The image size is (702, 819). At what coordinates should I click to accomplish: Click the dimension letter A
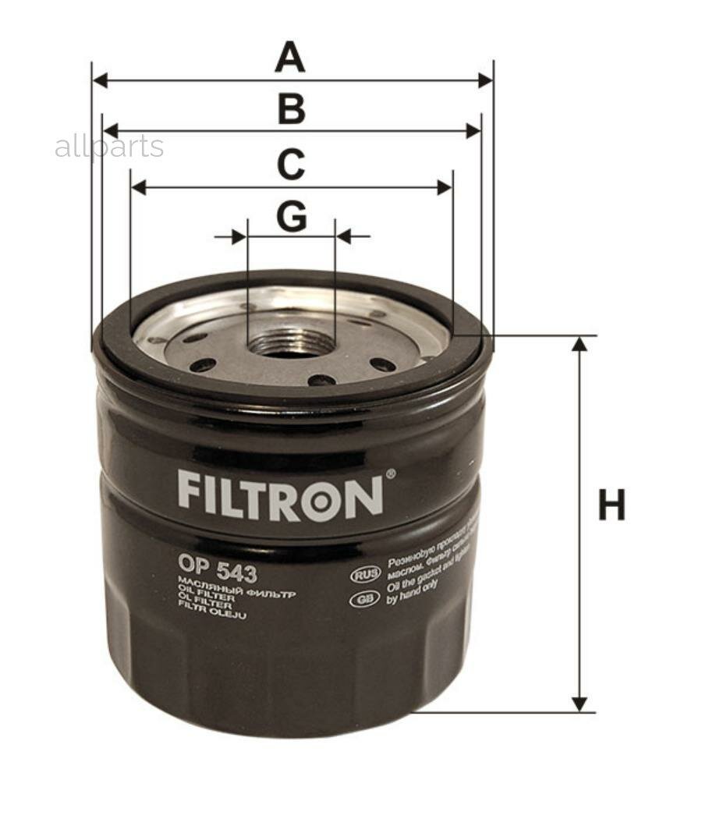[x=290, y=58]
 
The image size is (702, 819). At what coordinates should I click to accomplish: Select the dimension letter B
[x=291, y=110]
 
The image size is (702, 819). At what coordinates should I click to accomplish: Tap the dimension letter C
[x=291, y=165]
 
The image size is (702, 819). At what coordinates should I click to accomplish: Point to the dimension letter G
[x=291, y=217]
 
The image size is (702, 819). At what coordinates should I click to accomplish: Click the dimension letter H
[x=612, y=505]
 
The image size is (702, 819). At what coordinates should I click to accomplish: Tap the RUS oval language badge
[x=365, y=575]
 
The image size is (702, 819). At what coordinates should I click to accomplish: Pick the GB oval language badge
[x=364, y=599]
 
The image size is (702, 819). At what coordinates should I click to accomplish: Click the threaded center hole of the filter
[x=290, y=343]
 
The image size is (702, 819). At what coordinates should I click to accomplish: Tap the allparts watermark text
[x=109, y=147]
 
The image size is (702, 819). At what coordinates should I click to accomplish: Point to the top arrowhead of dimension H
[x=579, y=344]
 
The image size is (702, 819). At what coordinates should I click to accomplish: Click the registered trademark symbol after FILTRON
[x=391, y=473]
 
